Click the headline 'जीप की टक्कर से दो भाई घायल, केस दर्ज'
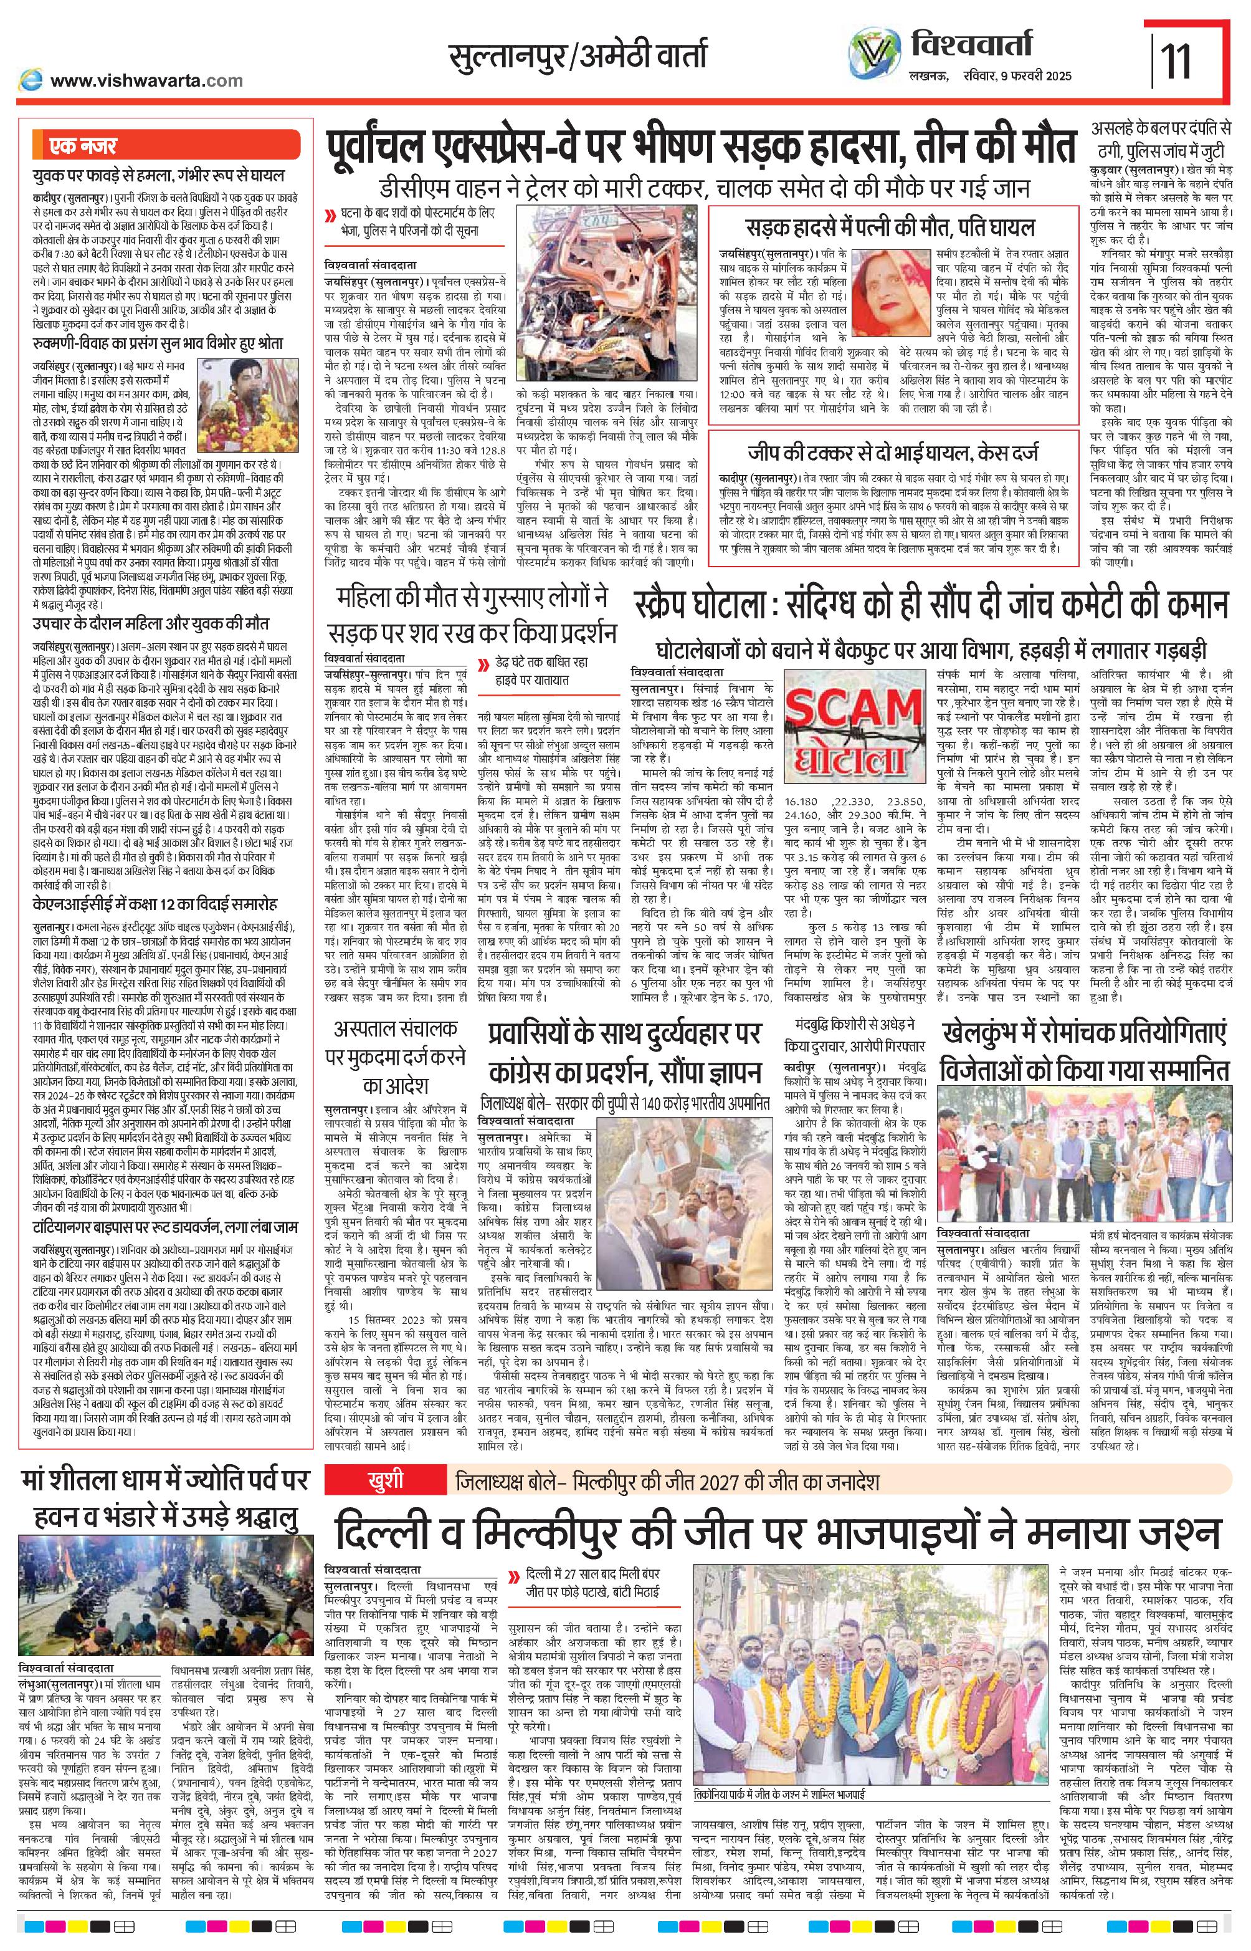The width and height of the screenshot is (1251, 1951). (893, 453)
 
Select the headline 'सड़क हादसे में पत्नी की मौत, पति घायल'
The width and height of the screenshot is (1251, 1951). (891, 228)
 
